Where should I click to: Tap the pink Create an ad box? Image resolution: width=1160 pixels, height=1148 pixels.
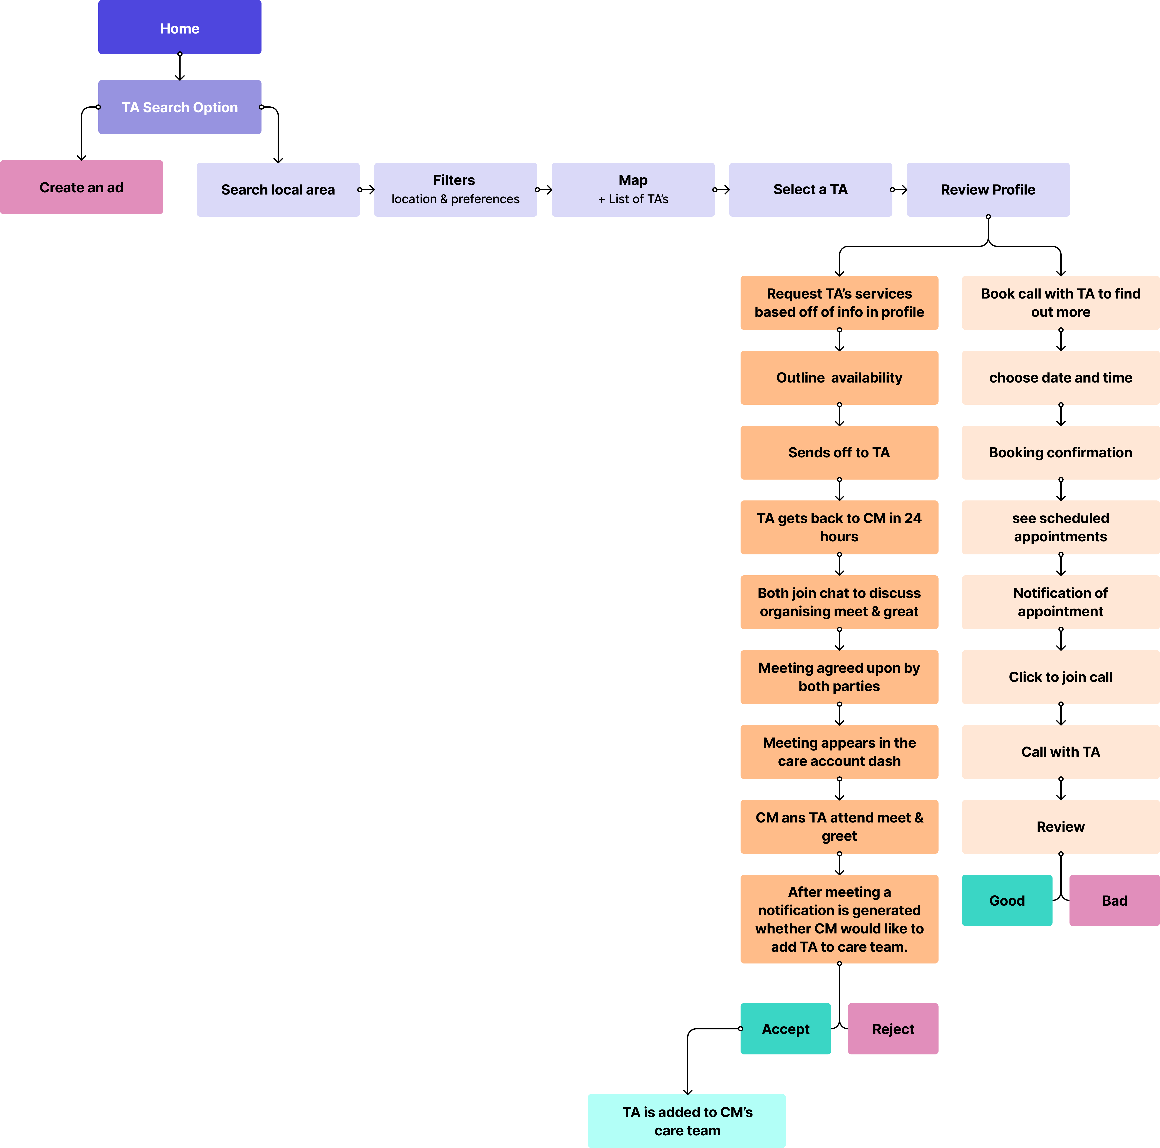coord(81,187)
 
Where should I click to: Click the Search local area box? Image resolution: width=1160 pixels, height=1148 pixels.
coord(278,190)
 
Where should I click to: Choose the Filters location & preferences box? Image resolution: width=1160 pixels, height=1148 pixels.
coord(455,190)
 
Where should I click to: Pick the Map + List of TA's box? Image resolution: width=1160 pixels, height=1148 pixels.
coord(633,190)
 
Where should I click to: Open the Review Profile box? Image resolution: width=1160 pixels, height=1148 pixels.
coord(988,190)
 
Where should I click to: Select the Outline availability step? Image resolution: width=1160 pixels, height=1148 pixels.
coord(839,378)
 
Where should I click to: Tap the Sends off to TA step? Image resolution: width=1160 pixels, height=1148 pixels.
coord(839,453)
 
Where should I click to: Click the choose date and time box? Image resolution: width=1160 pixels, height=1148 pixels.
coord(1060,378)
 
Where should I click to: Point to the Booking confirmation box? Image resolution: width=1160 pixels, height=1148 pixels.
coord(1060,453)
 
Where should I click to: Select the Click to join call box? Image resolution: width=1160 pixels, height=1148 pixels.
coord(1060,677)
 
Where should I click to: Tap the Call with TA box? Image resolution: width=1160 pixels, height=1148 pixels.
coord(1060,752)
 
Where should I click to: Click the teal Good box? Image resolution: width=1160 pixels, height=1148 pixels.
coord(1007,901)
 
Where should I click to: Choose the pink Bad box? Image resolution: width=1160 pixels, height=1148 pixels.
coord(1114,901)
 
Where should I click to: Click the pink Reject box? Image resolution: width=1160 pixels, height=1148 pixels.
coord(893,1029)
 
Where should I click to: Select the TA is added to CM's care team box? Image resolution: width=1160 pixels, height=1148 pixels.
coord(687,1121)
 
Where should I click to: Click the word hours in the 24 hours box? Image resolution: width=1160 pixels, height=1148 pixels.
coord(839,537)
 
